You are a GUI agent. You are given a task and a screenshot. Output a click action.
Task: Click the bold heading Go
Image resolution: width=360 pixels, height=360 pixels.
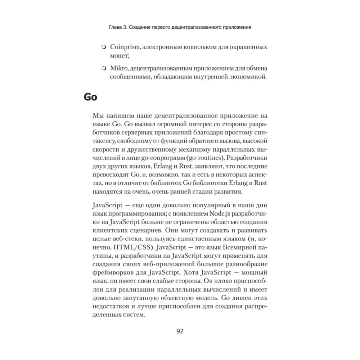tap(90, 97)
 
